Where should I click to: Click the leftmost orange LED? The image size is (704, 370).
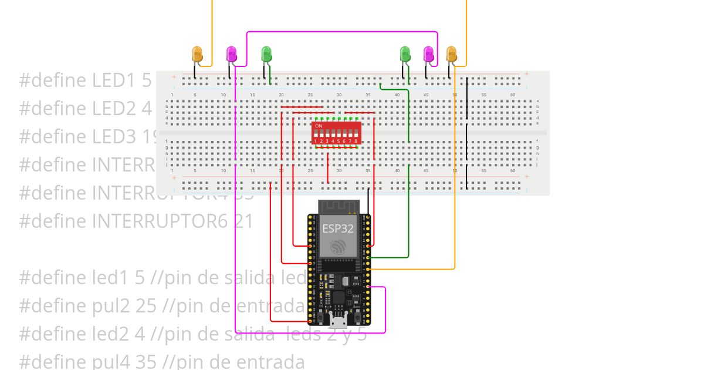(198, 55)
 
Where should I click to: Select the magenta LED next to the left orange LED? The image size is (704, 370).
(232, 55)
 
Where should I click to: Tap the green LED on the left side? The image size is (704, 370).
(266, 55)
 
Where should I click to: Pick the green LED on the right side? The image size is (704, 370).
(405, 55)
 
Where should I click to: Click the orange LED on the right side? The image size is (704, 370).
(451, 54)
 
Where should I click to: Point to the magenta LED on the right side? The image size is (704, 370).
(429, 55)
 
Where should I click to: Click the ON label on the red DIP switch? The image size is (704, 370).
(319, 126)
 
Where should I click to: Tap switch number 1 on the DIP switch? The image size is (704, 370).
(315, 137)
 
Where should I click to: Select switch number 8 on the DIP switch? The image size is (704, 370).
(356, 137)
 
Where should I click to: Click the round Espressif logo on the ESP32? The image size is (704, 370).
(337, 247)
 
